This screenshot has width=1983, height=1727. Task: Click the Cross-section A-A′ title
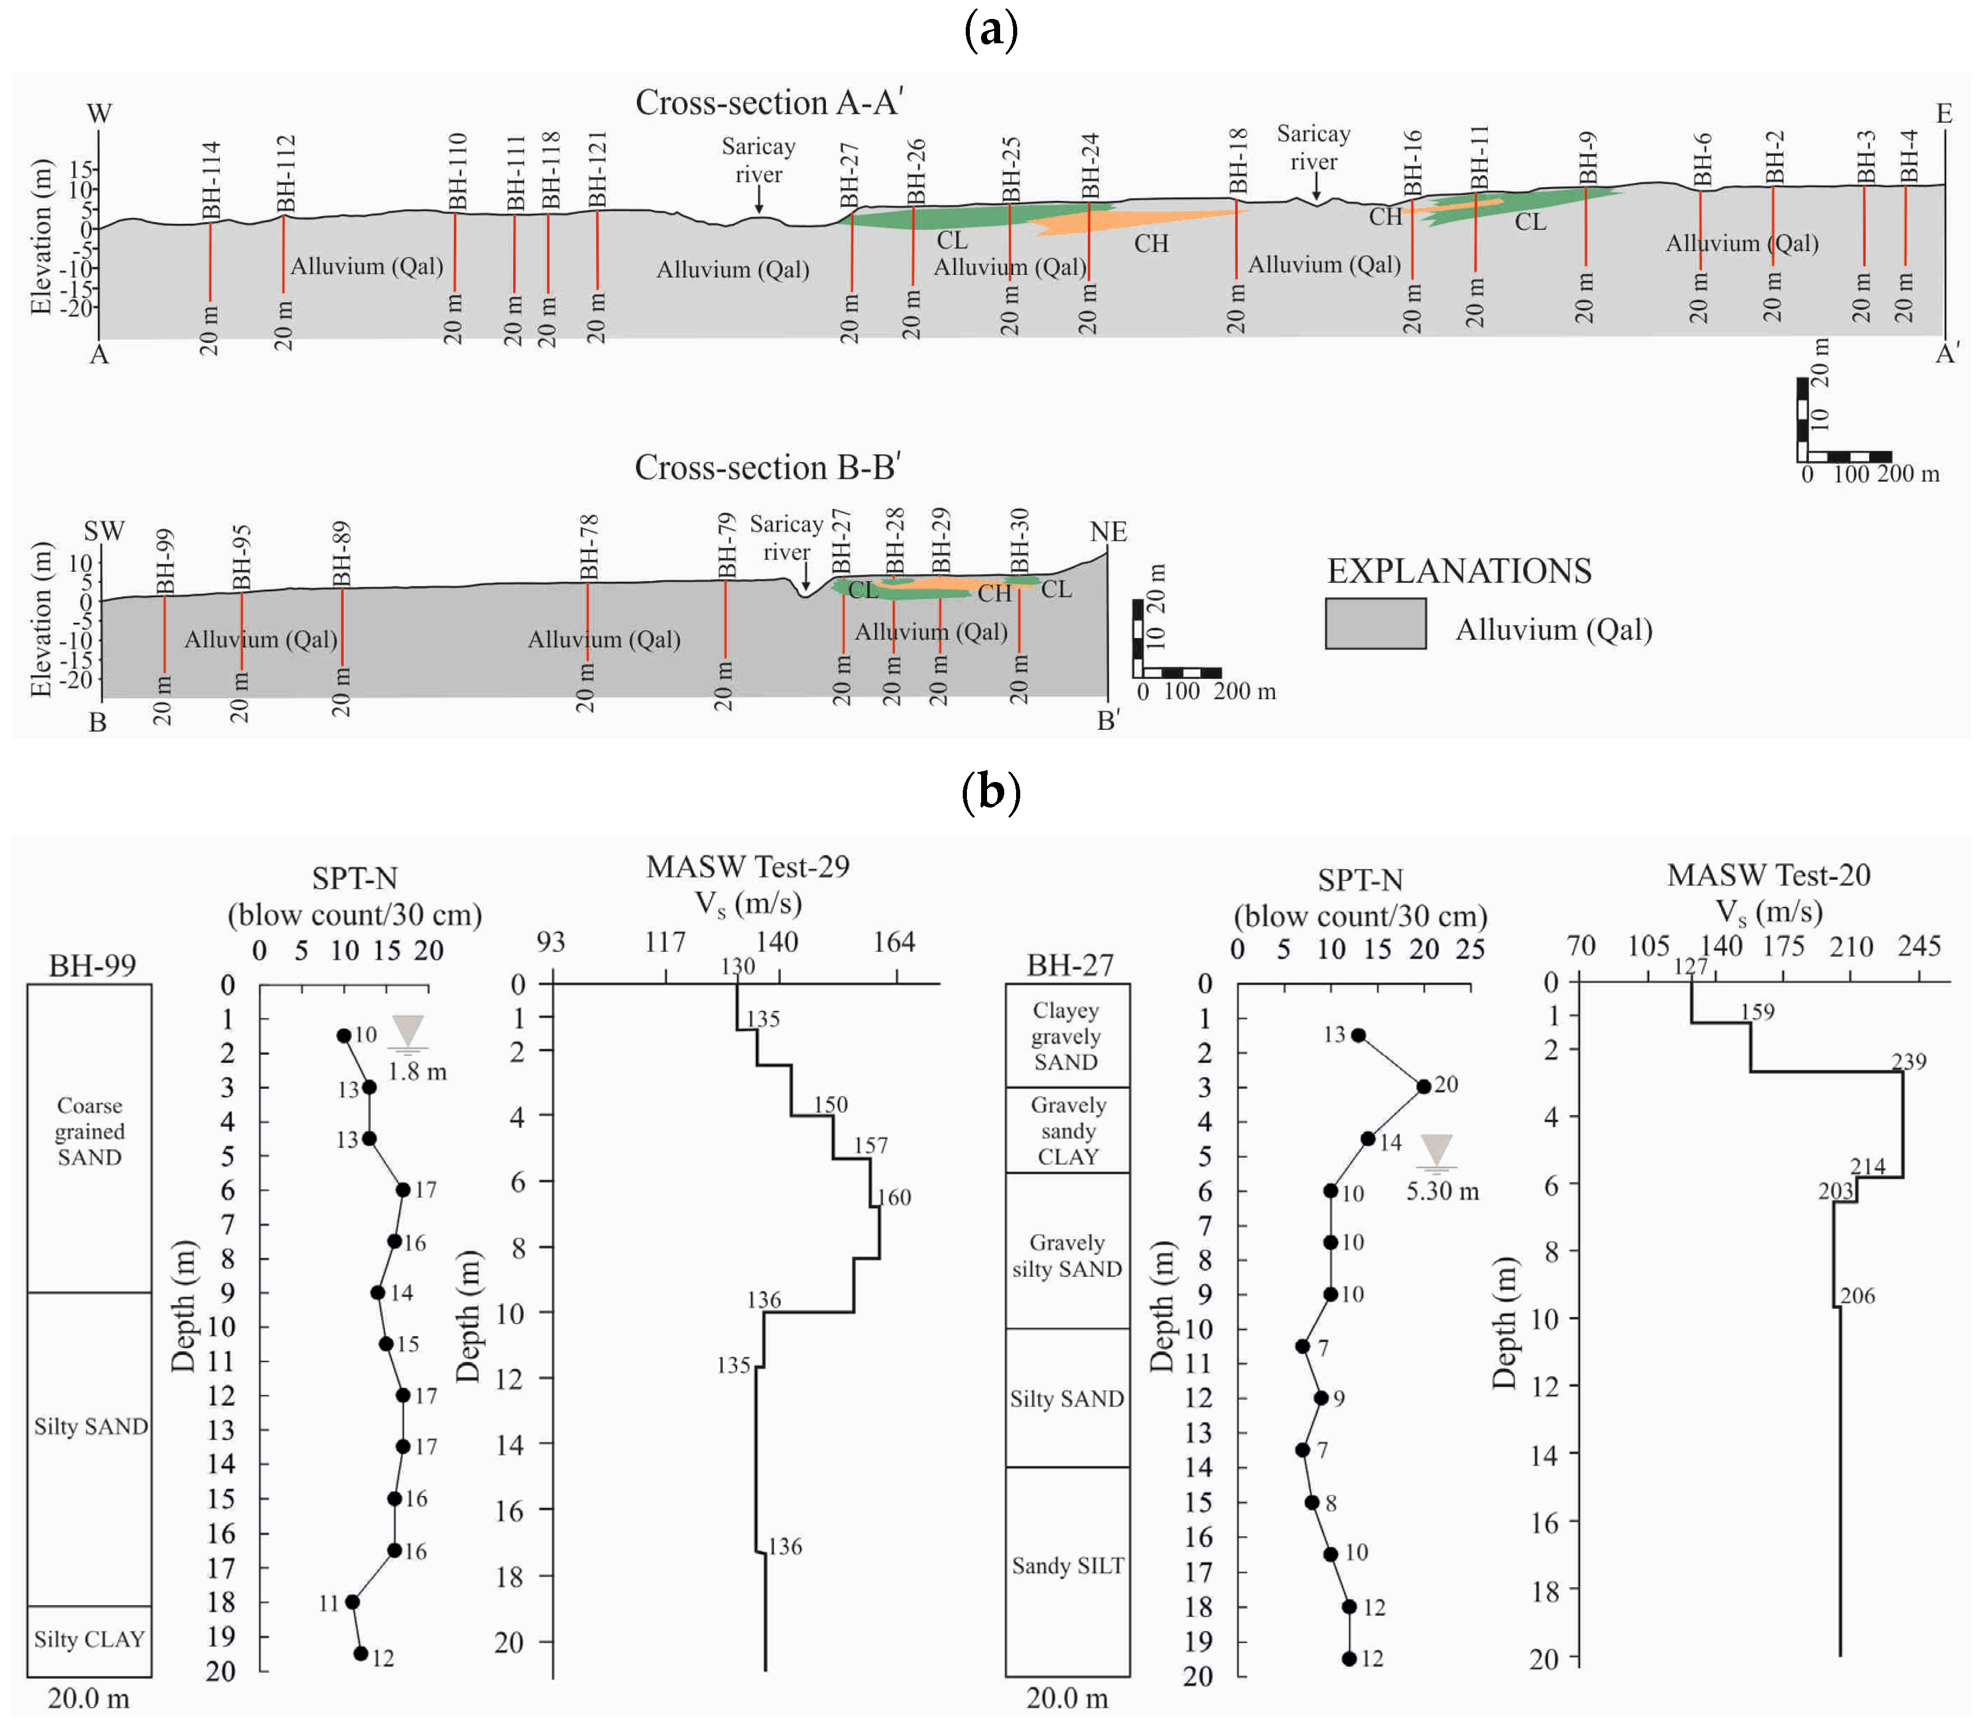pyautogui.click(x=768, y=102)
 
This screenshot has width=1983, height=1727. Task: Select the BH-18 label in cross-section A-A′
pyautogui.click(x=1238, y=161)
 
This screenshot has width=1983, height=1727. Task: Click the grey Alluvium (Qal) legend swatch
pyautogui.click(x=1375, y=623)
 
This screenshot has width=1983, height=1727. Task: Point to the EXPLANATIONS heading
pyautogui.click(x=1459, y=571)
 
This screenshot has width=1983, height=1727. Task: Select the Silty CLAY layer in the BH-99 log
pyautogui.click(x=89, y=1639)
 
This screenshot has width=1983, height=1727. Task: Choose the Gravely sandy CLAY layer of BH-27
pyautogui.click(x=1068, y=1130)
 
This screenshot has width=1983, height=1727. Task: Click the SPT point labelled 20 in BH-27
pyautogui.click(x=1423, y=1086)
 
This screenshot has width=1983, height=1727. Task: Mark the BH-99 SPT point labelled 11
pyautogui.click(x=352, y=1602)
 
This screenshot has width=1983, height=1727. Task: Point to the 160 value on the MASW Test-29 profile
pyautogui.click(x=894, y=1197)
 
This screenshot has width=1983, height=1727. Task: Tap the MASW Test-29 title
pyautogui.click(x=748, y=866)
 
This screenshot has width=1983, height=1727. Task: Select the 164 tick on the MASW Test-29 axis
pyautogui.click(x=893, y=941)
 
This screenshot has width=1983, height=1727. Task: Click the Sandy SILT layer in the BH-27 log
pyautogui.click(x=1068, y=1566)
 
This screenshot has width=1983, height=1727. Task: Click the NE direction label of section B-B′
pyautogui.click(x=1108, y=532)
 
